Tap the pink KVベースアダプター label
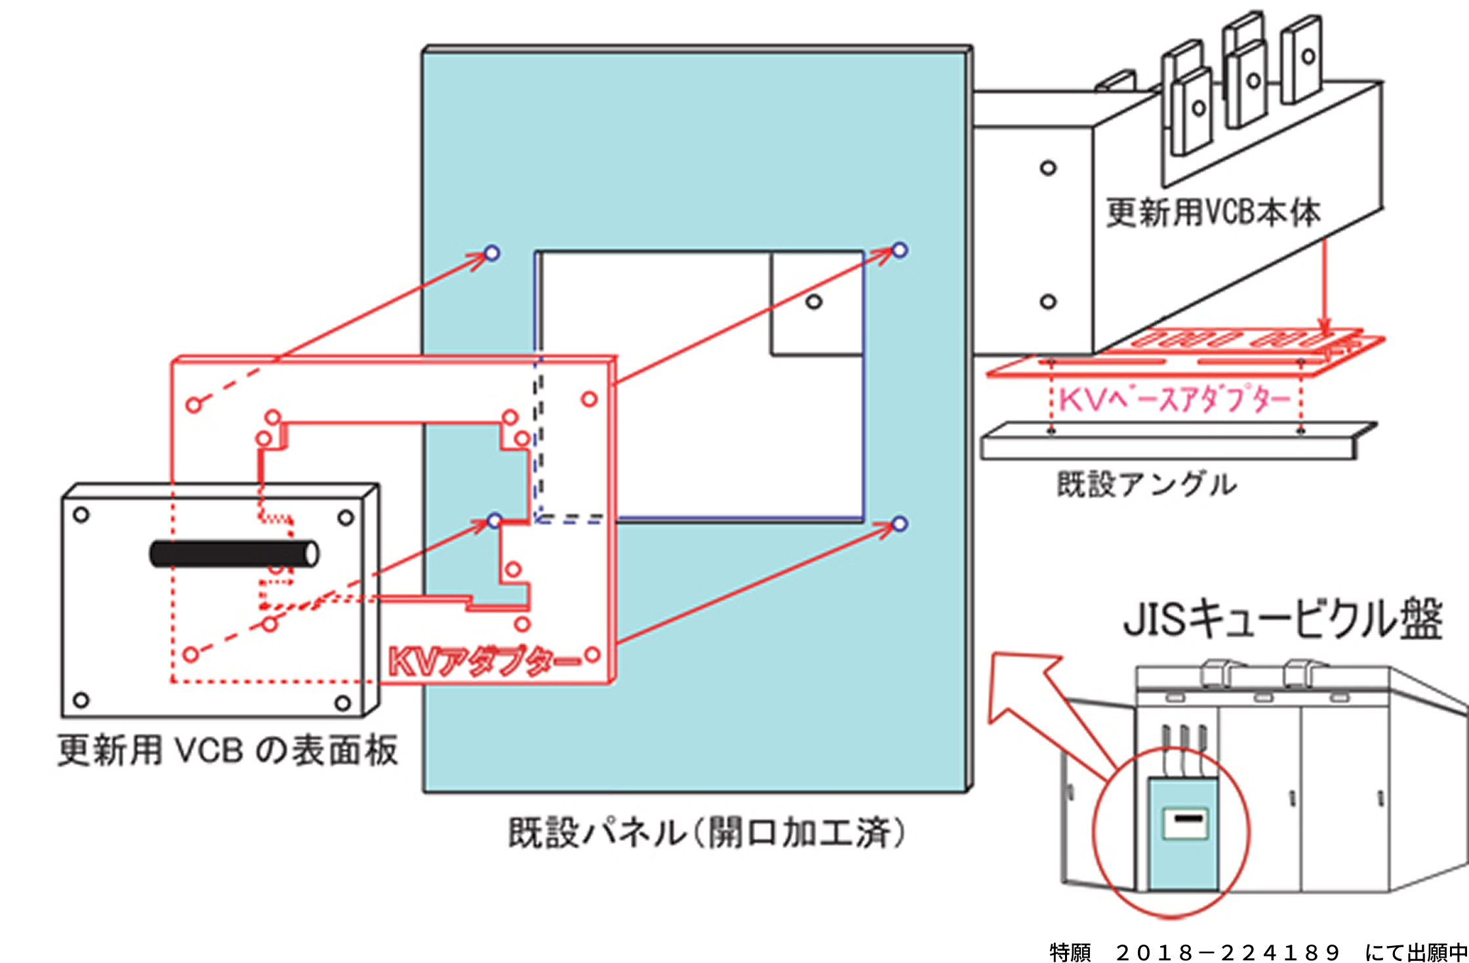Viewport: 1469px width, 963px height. [x=1175, y=399]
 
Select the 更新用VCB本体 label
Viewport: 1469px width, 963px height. [x=1213, y=213]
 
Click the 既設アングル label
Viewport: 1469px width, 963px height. [x=1146, y=485]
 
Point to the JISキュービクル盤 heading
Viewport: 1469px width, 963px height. [x=1283, y=620]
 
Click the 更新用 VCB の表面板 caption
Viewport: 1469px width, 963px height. [x=228, y=750]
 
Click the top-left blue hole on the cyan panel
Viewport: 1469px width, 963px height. [x=492, y=253]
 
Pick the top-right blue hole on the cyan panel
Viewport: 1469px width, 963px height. [x=900, y=250]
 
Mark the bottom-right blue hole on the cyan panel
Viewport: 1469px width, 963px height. [x=900, y=523]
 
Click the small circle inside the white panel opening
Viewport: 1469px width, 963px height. [x=814, y=302]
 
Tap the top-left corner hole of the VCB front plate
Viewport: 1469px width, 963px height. [x=81, y=515]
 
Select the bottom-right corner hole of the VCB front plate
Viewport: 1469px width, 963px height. [x=342, y=704]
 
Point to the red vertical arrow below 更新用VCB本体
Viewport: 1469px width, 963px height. [x=1325, y=289]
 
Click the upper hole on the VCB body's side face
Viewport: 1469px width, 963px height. [x=1048, y=168]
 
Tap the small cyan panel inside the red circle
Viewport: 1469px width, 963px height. [x=1184, y=833]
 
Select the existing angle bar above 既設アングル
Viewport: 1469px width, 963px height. [x=1167, y=447]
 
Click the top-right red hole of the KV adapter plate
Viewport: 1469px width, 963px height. [x=589, y=399]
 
